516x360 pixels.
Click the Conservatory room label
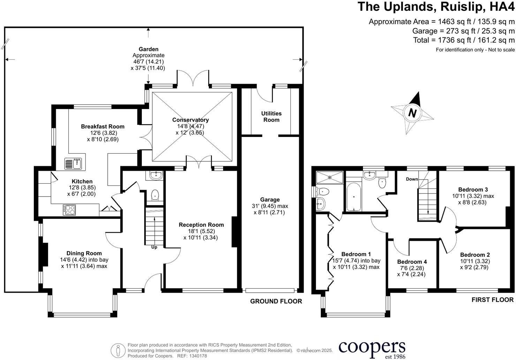[x=190, y=120]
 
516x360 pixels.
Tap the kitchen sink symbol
[x=73, y=164]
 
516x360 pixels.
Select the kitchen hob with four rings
[x=69, y=210]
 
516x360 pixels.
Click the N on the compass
[x=412, y=113]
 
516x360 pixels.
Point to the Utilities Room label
[x=271, y=116]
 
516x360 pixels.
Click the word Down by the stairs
[x=412, y=179]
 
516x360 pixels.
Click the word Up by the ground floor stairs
[x=154, y=247]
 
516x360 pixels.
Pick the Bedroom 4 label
[x=412, y=262]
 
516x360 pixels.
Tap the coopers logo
[x=372, y=348]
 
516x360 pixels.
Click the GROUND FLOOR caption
[x=276, y=301]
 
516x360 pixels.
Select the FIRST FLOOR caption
[x=492, y=300]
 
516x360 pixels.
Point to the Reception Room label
[x=201, y=225]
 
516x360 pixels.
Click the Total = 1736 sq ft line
[x=463, y=40]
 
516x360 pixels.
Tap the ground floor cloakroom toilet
[x=155, y=196]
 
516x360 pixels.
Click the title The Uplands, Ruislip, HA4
[x=436, y=7]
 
